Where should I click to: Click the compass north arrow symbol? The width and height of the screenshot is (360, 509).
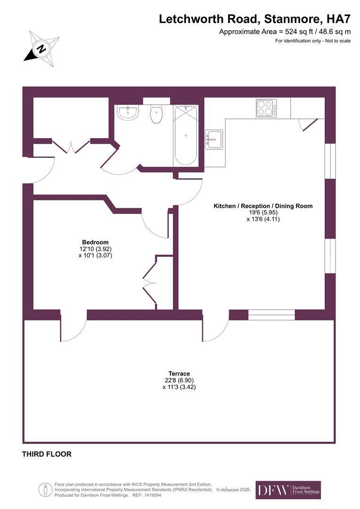coord(41,49)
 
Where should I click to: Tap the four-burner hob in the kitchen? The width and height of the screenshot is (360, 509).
coord(266,108)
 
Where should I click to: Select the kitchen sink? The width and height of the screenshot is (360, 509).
coord(214,139)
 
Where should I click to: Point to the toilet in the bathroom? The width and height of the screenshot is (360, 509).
coord(156,114)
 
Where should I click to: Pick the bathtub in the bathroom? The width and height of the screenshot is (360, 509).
coord(185,135)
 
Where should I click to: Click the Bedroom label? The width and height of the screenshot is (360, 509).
coord(95,242)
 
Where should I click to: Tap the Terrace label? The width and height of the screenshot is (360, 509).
coord(179,374)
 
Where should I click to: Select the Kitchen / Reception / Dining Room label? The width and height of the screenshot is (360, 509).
coord(263,206)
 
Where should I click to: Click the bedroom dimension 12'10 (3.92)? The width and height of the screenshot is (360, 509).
coord(95,249)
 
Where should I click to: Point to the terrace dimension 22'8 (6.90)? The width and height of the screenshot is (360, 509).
coord(179,380)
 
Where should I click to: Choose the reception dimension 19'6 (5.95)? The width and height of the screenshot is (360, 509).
coord(263,213)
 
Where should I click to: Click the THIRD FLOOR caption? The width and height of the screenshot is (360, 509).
coord(47,454)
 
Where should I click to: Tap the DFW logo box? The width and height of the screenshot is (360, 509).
coord(288,490)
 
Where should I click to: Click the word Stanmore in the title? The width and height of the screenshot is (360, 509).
coord(293,19)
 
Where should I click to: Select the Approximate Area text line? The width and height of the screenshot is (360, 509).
coord(285,32)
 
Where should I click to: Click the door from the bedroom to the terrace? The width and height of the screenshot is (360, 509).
coord(74,328)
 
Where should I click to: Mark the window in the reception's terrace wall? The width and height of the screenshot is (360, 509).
coord(272,315)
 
